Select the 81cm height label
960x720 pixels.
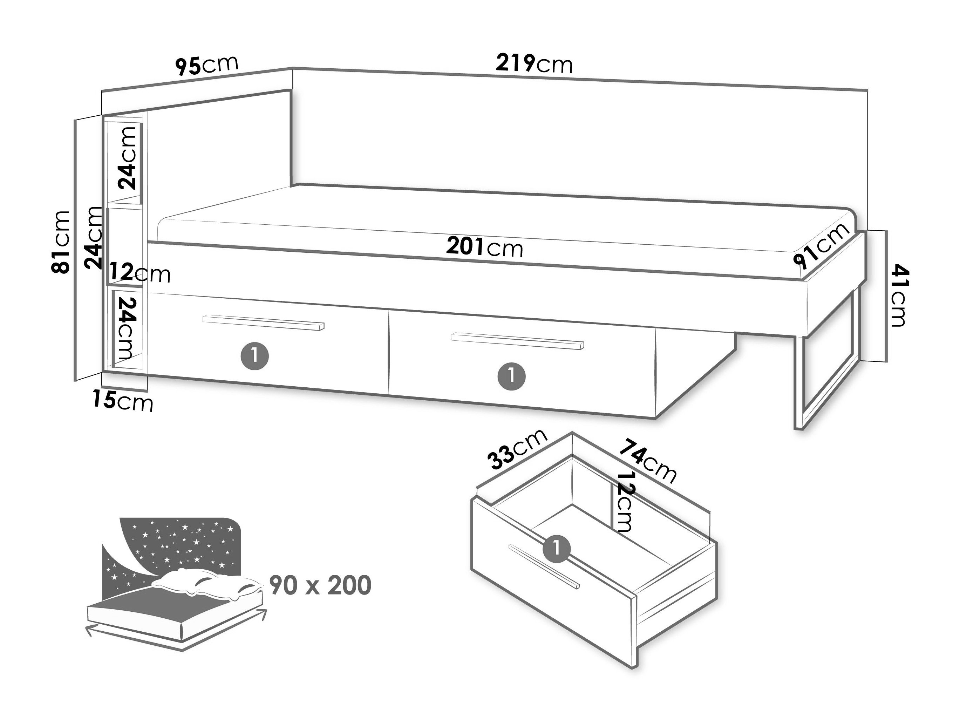[x=61, y=242]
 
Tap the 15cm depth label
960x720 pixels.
[x=123, y=401]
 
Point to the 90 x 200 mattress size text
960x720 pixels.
[x=320, y=585]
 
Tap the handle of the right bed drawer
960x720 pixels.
[x=517, y=341]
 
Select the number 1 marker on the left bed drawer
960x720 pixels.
[x=255, y=356]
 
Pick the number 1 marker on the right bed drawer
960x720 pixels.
[x=512, y=376]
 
